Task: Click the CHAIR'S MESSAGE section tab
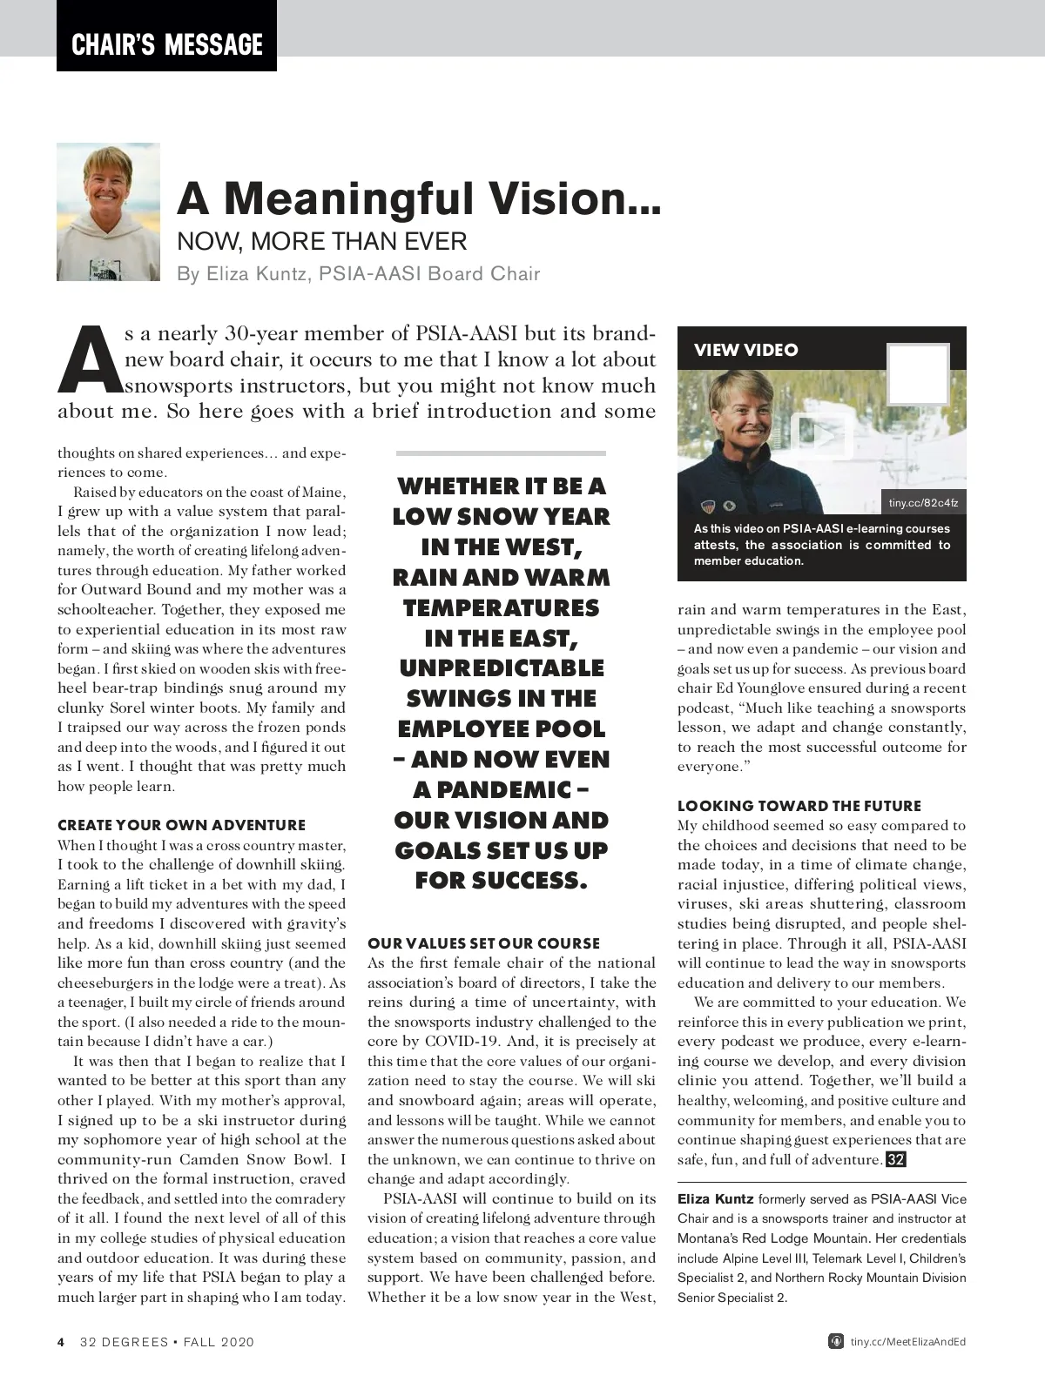pos(166,44)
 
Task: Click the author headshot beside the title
pos(108,211)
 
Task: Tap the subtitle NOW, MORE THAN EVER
pos(322,241)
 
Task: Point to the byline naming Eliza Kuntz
pos(358,274)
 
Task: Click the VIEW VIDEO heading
pos(745,350)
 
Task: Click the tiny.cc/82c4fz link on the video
pos(923,503)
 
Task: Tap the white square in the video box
pos(917,374)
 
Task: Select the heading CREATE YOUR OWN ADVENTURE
pos(181,825)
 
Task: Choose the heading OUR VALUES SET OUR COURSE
pos(483,943)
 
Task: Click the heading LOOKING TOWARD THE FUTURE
pos(799,806)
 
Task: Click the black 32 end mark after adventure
pos(895,1159)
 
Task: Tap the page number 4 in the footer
pos(61,1342)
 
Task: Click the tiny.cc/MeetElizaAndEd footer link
pos(907,1342)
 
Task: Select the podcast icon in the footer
pos(835,1341)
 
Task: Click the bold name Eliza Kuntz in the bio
pos(715,1199)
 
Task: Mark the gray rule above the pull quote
pos(501,453)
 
